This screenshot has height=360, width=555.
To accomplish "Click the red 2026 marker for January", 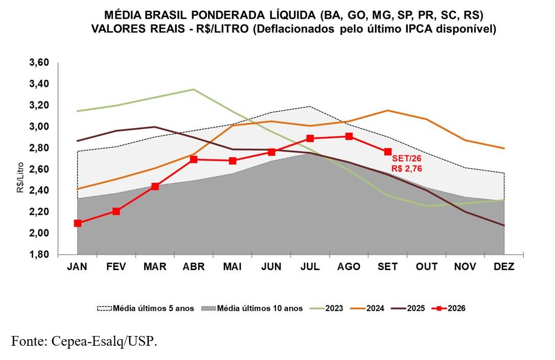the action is pos(78,223).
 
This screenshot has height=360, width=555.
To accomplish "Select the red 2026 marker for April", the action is pos(194,159).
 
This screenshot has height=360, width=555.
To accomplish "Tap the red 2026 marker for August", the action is pos(349,136).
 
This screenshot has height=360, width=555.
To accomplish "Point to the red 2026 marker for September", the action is pos(387,152).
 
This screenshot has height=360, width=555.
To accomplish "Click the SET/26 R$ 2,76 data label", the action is pos(407,164).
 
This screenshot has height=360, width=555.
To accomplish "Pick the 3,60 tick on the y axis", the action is pos(39,63).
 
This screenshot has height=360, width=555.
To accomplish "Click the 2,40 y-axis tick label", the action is pos(39,190).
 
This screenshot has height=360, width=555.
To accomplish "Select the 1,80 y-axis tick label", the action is pos(39,255).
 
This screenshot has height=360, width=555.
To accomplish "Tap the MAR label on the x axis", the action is pos(155,267).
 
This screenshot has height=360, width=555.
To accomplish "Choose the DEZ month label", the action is pos(504,267).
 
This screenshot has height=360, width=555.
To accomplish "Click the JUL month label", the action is pos(310,267).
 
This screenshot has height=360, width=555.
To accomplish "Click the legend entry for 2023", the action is pos(327,308).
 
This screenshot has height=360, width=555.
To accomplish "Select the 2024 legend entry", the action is pos(367,308).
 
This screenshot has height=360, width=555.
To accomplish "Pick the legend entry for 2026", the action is pos(449,308).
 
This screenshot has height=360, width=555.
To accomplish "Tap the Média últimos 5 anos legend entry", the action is pos(146,308).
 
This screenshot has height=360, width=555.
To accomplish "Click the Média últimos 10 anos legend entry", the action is pos(251,308).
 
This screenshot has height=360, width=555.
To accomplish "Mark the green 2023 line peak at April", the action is pos(194,89).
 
